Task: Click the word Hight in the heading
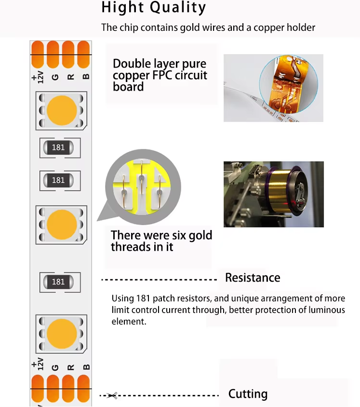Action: point(122,7)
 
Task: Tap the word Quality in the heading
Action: point(178,8)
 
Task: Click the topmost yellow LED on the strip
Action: point(62,110)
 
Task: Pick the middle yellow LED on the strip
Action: point(62,225)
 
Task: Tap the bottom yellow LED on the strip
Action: point(62,334)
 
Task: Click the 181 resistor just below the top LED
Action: point(58,148)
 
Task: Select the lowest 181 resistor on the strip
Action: point(58,282)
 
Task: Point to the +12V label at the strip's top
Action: point(38,77)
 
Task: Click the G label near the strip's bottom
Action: point(55,367)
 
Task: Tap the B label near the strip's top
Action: point(86,76)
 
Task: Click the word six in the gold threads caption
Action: point(177,235)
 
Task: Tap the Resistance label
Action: point(253,277)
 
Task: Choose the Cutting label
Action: point(248,394)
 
